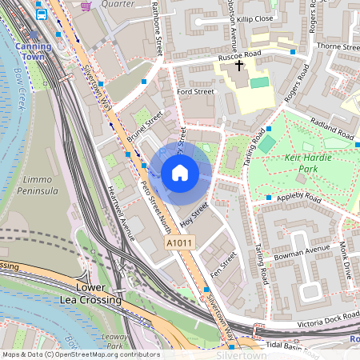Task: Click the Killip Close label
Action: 254,17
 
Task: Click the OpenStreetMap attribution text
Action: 80,354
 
